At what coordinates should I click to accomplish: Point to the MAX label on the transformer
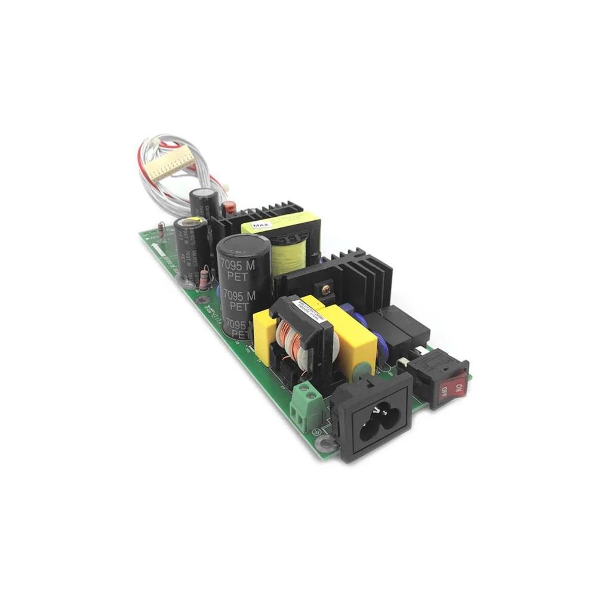tap(260, 226)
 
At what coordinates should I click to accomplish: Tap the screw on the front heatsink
tap(326, 290)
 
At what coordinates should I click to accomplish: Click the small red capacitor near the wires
tap(229, 208)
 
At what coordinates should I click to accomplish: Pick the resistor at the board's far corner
tap(161, 229)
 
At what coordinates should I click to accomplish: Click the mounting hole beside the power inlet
tap(326, 443)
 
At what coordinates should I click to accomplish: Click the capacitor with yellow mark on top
tap(192, 245)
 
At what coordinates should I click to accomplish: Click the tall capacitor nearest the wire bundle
tap(204, 203)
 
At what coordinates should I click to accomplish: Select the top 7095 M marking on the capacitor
tap(238, 264)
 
